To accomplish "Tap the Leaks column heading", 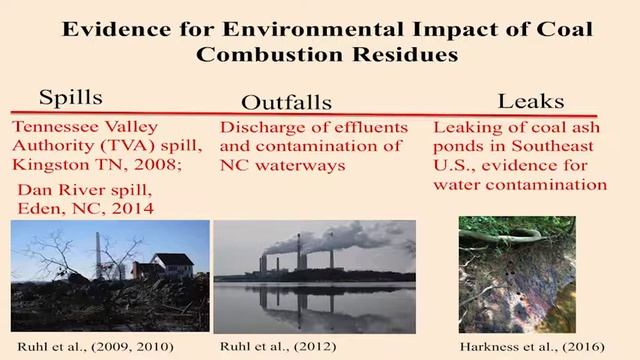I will point(531,101).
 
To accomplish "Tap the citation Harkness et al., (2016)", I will point(527,347).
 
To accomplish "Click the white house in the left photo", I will point(171,266).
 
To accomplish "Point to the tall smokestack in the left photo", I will point(98,255).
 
